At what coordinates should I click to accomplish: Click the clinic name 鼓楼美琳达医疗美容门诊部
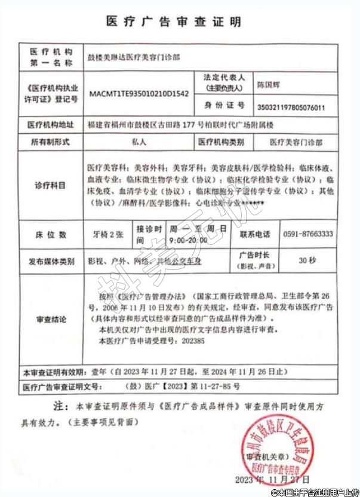[133, 57]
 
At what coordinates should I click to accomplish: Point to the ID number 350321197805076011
[290, 108]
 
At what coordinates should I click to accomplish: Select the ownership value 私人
[139, 143]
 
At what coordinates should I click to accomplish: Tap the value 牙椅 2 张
[104, 234]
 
